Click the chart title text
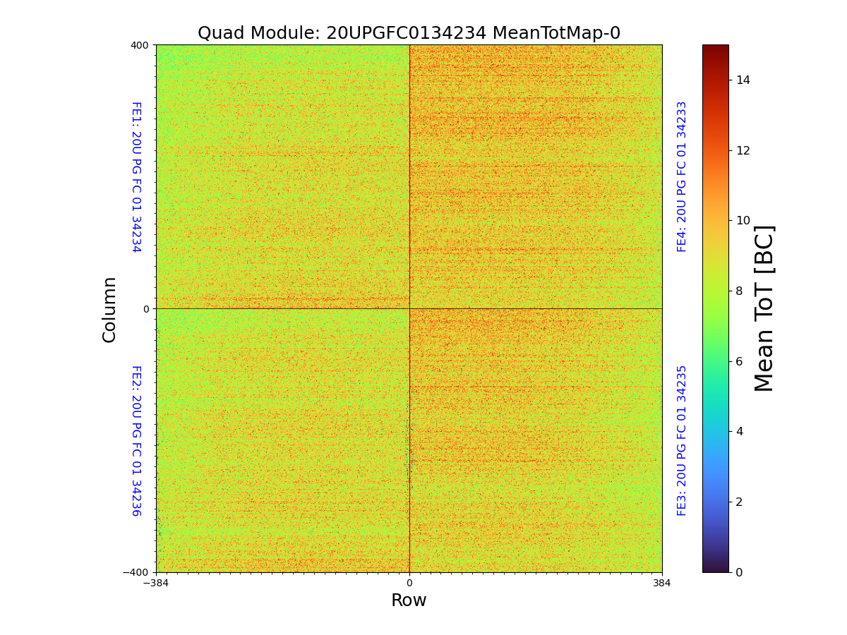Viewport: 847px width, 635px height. tap(409, 33)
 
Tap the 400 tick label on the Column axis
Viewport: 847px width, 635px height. tap(139, 45)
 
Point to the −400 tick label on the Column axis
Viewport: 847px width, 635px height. tap(136, 572)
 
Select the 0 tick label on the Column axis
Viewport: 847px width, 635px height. tap(146, 309)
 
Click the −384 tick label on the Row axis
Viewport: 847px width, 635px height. tap(156, 583)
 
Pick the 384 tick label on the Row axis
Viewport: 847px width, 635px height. tap(662, 583)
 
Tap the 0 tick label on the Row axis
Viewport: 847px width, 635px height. tap(409, 583)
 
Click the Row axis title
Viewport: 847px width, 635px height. tap(409, 600)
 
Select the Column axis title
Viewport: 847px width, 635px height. tap(109, 309)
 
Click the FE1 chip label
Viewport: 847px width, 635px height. tap(136, 176)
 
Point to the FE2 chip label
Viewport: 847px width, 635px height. tap(136, 440)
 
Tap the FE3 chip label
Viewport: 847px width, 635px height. tap(682, 440)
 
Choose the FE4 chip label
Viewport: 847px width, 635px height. tap(682, 176)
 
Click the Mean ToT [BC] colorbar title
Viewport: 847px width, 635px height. tap(764, 308)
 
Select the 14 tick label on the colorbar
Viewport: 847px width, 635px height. tap(742, 80)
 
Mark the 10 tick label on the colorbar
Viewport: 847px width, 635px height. tap(742, 221)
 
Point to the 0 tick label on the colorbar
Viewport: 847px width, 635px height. tap(739, 572)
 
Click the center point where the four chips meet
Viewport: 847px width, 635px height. tap(409, 308)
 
